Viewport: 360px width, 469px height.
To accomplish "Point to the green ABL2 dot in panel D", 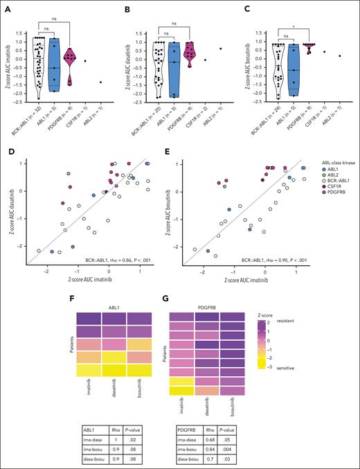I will (68, 173).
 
